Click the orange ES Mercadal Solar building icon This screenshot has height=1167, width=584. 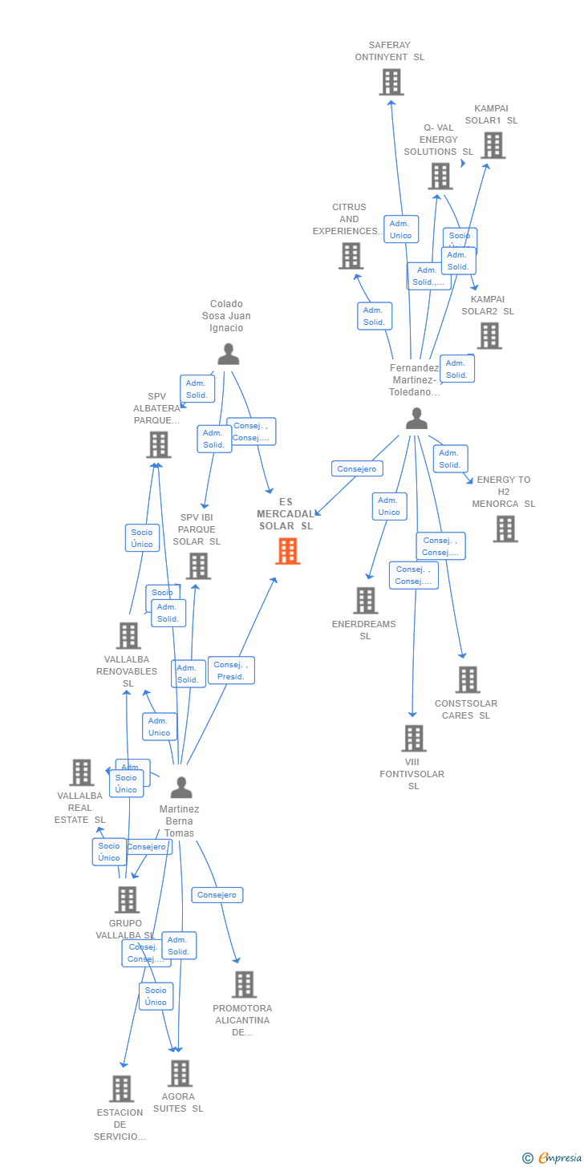pos(287,551)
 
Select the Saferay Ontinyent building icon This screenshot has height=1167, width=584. pos(391,82)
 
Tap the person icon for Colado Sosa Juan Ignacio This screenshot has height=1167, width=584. pos(229,354)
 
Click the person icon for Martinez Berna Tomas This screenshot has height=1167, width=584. pos(181,788)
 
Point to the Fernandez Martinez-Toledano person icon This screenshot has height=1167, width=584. pos(416,418)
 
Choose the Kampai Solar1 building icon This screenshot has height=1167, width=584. pos(493,145)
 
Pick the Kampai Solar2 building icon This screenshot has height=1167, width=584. pos(489,336)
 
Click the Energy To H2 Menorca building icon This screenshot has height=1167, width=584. pos(505,529)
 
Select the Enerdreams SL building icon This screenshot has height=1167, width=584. pos(365,600)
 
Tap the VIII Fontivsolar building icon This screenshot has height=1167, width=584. pos(413,738)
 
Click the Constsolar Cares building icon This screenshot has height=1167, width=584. pos(467,679)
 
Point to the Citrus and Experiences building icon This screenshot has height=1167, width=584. pos(351,256)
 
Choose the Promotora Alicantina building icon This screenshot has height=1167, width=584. pos(243,984)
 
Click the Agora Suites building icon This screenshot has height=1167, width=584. pos(180,1073)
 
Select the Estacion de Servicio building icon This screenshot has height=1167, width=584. pos(121,1088)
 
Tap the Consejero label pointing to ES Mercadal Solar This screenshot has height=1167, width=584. pos(357,469)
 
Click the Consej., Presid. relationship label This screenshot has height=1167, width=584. pos(232,671)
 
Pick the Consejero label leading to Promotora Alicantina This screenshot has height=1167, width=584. pos(217,895)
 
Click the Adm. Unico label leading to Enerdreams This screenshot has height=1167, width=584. pos(389,506)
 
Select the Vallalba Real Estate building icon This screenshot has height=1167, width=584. pos(81,772)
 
